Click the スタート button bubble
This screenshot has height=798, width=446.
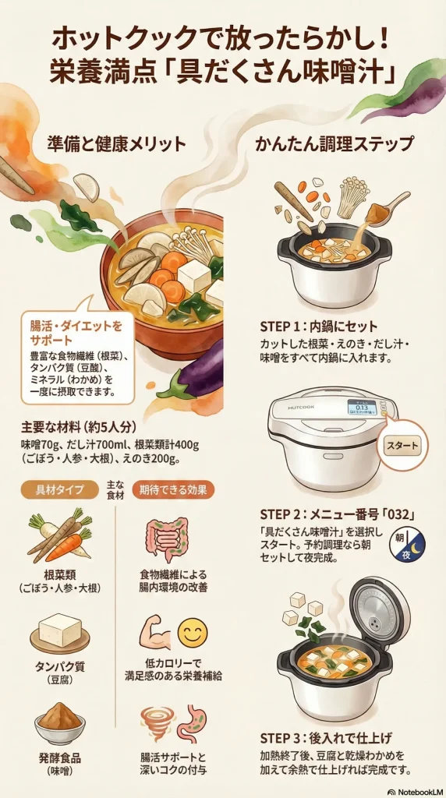(402, 447)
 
